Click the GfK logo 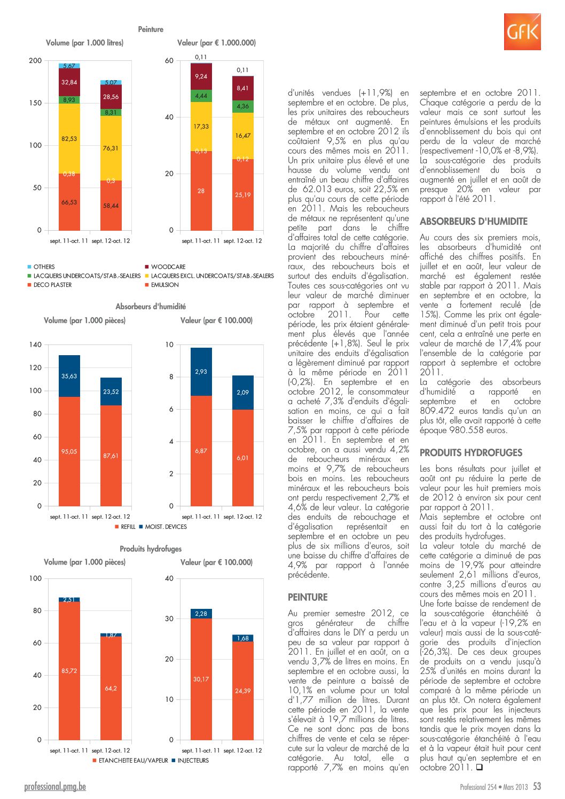pyautogui.click(x=522, y=32)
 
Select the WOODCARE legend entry pyautogui.click(x=165, y=267)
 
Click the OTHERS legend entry pyautogui.click(x=41, y=267)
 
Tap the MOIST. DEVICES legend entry pyautogui.click(x=163, y=527)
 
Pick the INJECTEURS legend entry pyautogui.click(x=190, y=760)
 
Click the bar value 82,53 pyautogui.click(x=69, y=138)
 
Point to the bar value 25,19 pyautogui.click(x=242, y=195)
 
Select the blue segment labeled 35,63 pyautogui.click(x=69, y=376)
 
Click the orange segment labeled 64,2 pyautogui.click(x=111, y=688)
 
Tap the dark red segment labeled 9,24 pyautogui.click(x=201, y=76)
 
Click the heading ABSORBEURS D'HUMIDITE pyautogui.click(x=473, y=222)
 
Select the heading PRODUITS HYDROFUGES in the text pyautogui.click(x=471, y=453)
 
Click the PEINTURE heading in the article pyautogui.click(x=308, y=597)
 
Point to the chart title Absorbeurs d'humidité pyautogui.click(x=151, y=307)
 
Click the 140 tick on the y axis pyautogui.click(x=35, y=344)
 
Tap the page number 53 pyautogui.click(x=537, y=786)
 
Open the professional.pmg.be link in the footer pyautogui.click(x=55, y=787)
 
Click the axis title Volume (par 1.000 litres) pyautogui.click(x=84, y=43)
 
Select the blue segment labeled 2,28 pyautogui.click(x=201, y=614)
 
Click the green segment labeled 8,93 pyautogui.click(x=69, y=100)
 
